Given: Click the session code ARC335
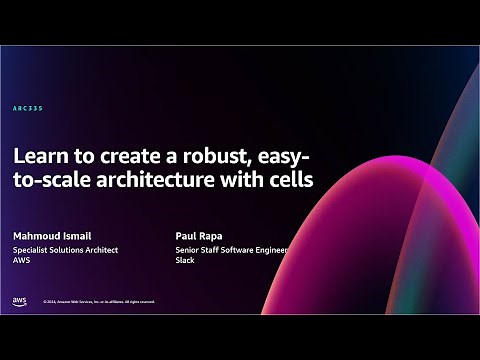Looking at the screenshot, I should point(28,108).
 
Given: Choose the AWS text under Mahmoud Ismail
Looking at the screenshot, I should point(21,263).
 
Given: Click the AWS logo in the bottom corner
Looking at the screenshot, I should point(20,300).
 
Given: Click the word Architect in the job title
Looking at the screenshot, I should point(98,252).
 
